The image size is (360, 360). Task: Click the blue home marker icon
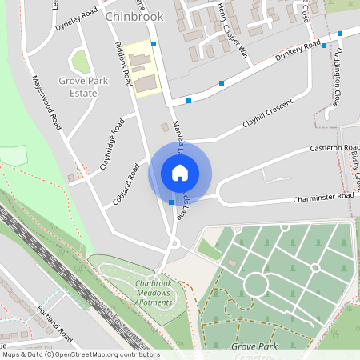coord(179,173)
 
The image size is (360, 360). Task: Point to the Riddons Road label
coord(123,64)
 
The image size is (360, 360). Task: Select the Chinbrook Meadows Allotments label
coord(155,292)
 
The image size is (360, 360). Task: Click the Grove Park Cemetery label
coord(254,350)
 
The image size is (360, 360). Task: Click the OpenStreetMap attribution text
coord(81,354)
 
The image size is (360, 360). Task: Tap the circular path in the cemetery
coord(255,284)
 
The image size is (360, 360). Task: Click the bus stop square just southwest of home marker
coord(171,202)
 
